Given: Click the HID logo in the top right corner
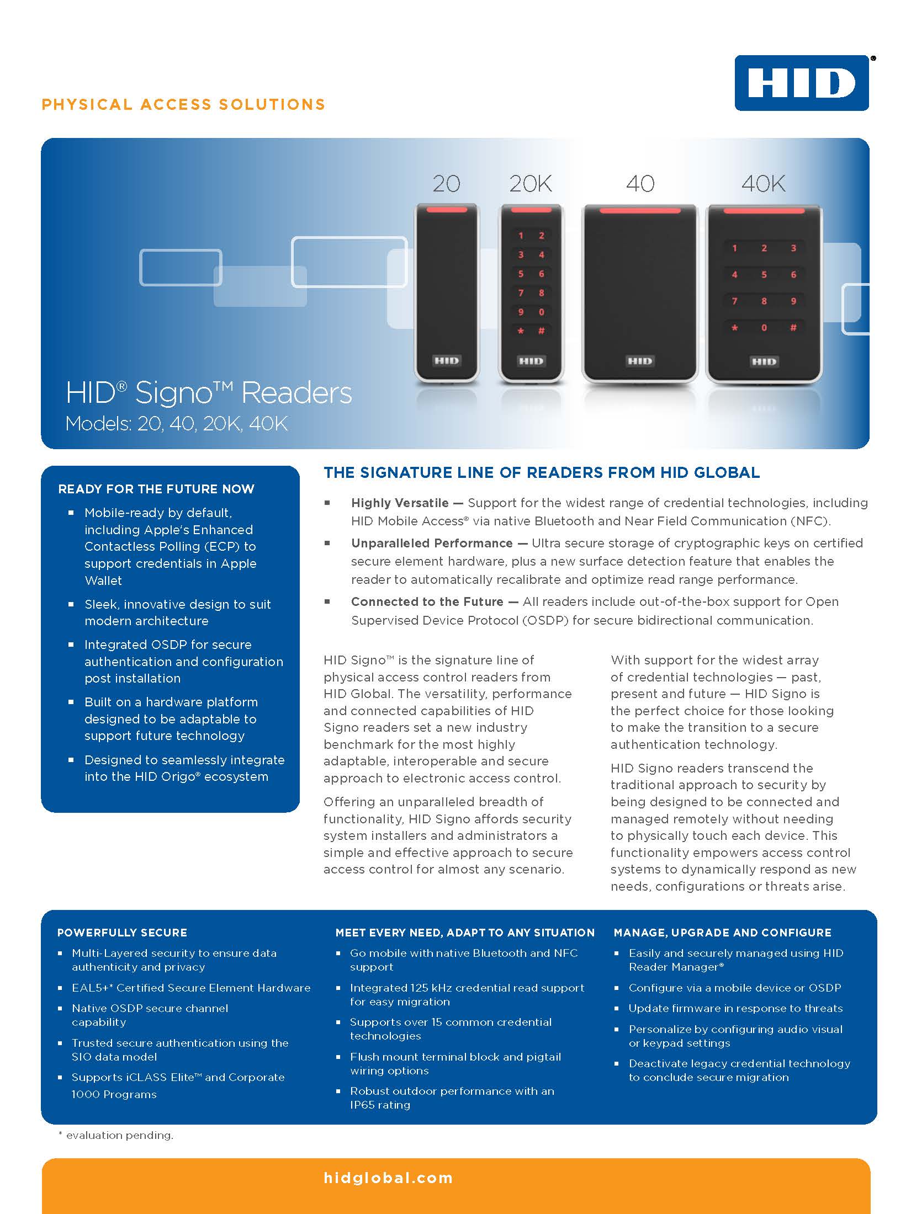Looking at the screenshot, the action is [802, 83].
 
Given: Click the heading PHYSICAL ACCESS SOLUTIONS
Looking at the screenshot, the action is [183, 104].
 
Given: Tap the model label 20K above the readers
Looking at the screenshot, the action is [531, 184].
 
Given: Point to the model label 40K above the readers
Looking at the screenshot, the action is [764, 184].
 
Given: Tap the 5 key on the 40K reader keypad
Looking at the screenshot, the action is [764, 274].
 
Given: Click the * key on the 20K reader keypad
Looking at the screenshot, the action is [521, 331].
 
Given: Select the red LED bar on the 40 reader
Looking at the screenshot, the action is [640, 210].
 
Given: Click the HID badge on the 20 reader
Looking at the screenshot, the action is [446, 361].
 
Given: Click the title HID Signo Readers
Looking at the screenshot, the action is [209, 393].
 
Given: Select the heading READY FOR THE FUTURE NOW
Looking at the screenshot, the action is [156, 489].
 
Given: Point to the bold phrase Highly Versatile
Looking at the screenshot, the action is [400, 503].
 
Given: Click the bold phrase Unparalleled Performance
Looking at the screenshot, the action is [432, 543].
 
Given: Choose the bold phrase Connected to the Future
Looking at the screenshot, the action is [427, 601].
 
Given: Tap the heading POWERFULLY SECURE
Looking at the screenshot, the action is [122, 933].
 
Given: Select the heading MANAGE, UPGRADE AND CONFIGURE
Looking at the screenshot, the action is [723, 933].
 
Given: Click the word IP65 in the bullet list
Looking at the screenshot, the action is [362, 1105].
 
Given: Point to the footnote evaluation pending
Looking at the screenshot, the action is [116, 1136].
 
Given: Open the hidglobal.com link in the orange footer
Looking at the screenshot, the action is [388, 1178].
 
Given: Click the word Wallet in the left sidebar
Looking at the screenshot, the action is [103, 581].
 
